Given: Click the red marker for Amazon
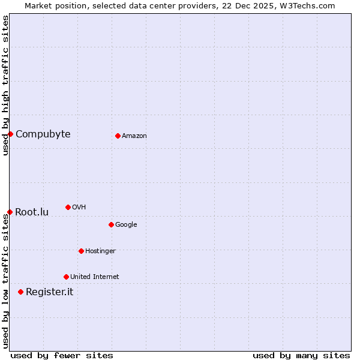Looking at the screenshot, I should pos(118,136).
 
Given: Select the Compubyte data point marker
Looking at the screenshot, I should pos(10,134).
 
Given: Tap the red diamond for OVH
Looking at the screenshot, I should pos(68,207).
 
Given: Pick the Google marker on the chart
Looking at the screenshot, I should pos(111,224).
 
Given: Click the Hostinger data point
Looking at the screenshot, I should pos(81,251).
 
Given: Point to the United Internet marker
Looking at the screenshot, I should pos(66,277).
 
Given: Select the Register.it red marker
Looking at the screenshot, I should pos(20,292).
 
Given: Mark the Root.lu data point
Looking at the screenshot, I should pos(10,212).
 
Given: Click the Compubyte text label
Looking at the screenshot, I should pos(43,134).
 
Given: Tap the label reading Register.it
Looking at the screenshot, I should pos(49,292).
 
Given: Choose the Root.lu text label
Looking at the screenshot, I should pos(32,212).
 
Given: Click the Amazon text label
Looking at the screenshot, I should pos(134,136).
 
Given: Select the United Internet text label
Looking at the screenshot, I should pos(94,277).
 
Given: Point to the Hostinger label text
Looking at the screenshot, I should pos(100,251).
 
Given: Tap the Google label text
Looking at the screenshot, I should pos(126,224).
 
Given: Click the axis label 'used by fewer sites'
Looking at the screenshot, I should pos(62,355).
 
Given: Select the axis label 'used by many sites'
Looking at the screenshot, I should pos(301,355).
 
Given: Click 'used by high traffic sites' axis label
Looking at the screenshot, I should pos(5,85).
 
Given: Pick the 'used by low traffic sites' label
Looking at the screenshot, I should pos(5,280).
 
